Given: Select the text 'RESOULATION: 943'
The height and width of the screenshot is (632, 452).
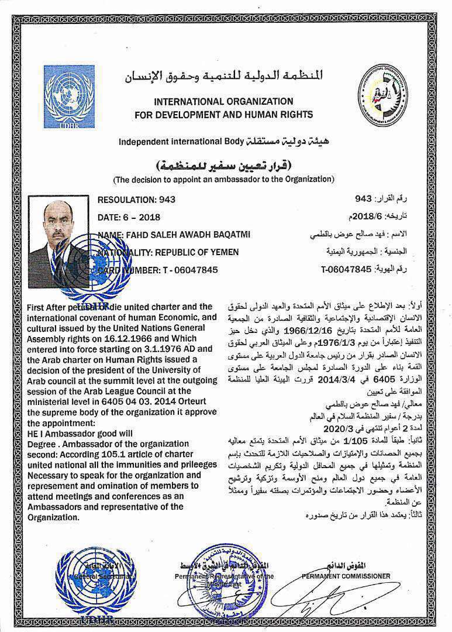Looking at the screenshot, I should click(137, 200).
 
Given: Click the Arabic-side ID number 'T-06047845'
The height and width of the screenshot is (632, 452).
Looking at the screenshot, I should click(346, 270).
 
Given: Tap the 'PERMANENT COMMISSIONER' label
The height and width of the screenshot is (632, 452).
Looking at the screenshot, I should click(346, 576).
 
